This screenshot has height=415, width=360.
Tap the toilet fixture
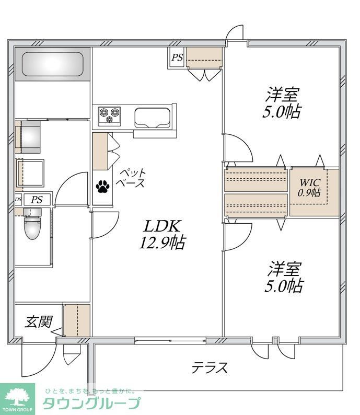point(33,225)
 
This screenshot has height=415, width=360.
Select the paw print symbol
point(101,186)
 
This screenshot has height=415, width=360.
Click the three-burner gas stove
point(109,114)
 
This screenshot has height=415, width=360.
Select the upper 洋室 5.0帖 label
point(284,103)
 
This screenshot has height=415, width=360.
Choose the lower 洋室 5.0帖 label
point(286,277)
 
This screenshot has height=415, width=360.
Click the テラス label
point(210,368)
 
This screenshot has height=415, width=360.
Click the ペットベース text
point(132,178)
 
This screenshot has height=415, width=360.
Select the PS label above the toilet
point(36,200)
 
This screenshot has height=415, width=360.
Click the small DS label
point(18,200)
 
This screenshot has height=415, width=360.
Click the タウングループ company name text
point(91,404)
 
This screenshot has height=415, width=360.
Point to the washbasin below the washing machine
point(30,170)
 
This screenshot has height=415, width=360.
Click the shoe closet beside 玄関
point(76,320)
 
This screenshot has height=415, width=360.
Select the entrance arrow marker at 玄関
point(57,331)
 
